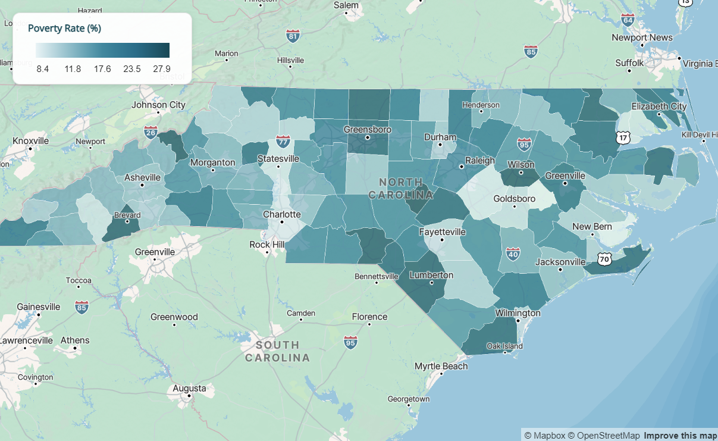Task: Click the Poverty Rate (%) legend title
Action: click(x=64, y=29)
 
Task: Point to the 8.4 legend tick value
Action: click(x=42, y=69)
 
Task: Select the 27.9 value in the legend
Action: click(x=162, y=69)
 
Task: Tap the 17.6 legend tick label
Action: click(x=102, y=69)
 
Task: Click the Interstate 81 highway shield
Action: click(x=293, y=36)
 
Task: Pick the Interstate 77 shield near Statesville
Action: click(x=284, y=142)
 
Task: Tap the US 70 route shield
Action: click(x=604, y=259)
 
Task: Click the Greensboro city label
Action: click(x=367, y=129)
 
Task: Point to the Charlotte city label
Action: click(x=281, y=214)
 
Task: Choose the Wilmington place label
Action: click(x=518, y=313)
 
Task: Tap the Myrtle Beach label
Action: click(x=441, y=366)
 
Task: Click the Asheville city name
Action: click(x=142, y=177)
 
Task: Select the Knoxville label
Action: click(x=30, y=141)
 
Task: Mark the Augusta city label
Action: click(x=189, y=389)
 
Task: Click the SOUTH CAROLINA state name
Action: click(x=277, y=351)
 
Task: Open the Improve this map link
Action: click(x=680, y=436)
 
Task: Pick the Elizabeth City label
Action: click(x=659, y=107)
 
